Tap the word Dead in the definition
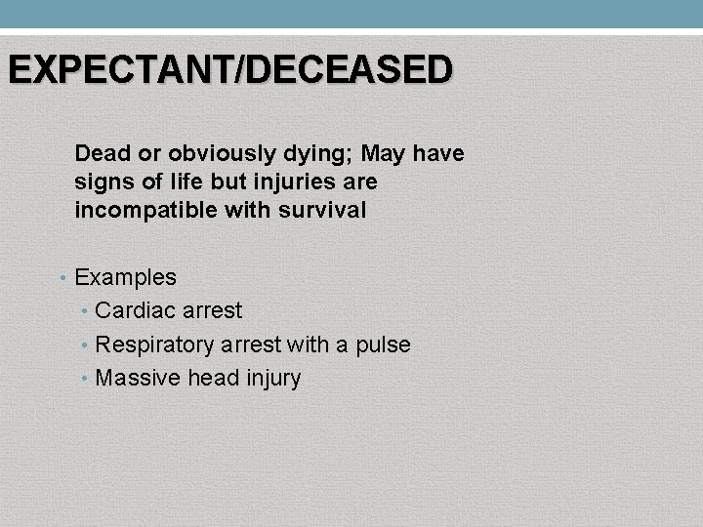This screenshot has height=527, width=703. coord(99,154)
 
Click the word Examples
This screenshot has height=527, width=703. coord(126,278)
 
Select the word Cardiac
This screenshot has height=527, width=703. coord(133,311)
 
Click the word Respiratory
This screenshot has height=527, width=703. coord(155,345)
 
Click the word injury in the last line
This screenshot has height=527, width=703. coord(271,379)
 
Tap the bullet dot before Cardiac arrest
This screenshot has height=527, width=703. coord(87,311)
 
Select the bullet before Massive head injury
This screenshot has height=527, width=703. coord(87,378)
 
